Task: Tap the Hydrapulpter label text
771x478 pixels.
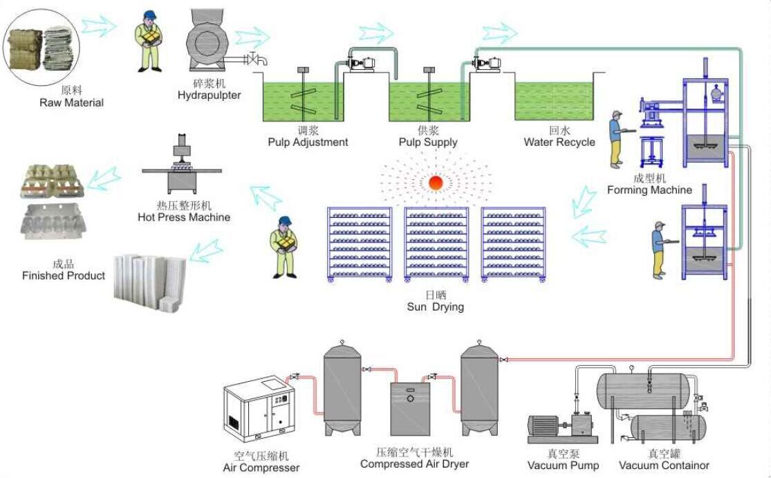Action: click(209, 95)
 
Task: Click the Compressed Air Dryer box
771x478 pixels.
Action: click(410, 408)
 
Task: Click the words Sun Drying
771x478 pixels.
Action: click(435, 306)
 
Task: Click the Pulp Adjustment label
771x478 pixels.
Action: click(308, 142)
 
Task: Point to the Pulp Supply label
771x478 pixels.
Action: click(428, 142)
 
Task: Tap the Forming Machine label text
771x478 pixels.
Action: click(649, 190)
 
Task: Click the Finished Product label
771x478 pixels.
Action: click(64, 275)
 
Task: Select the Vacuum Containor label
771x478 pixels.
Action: click(664, 465)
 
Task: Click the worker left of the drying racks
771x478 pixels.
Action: click(284, 246)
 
